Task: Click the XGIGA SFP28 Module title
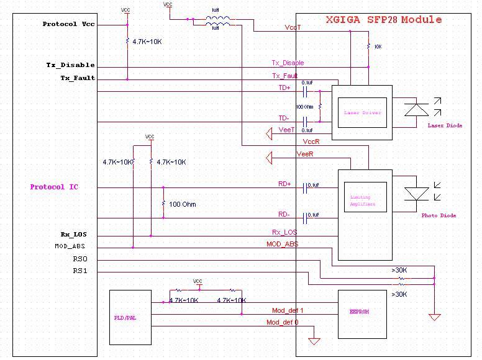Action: (384, 20)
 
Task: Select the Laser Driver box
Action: (362, 113)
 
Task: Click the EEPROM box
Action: (358, 311)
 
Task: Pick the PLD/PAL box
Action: (130, 317)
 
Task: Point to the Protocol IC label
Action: (55, 187)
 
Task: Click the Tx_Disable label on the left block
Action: (70, 65)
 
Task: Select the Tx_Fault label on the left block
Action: (77, 78)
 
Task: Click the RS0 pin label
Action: (80, 259)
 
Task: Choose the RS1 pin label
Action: (80, 271)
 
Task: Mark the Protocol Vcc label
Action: (68, 24)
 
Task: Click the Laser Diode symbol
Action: (416, 110)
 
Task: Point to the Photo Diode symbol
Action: (416, 195)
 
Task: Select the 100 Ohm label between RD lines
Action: (183, 204)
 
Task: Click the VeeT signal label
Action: (286, 129)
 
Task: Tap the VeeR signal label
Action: (304, 153)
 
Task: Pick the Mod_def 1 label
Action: (288, 310)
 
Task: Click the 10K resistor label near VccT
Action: (377, 47)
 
